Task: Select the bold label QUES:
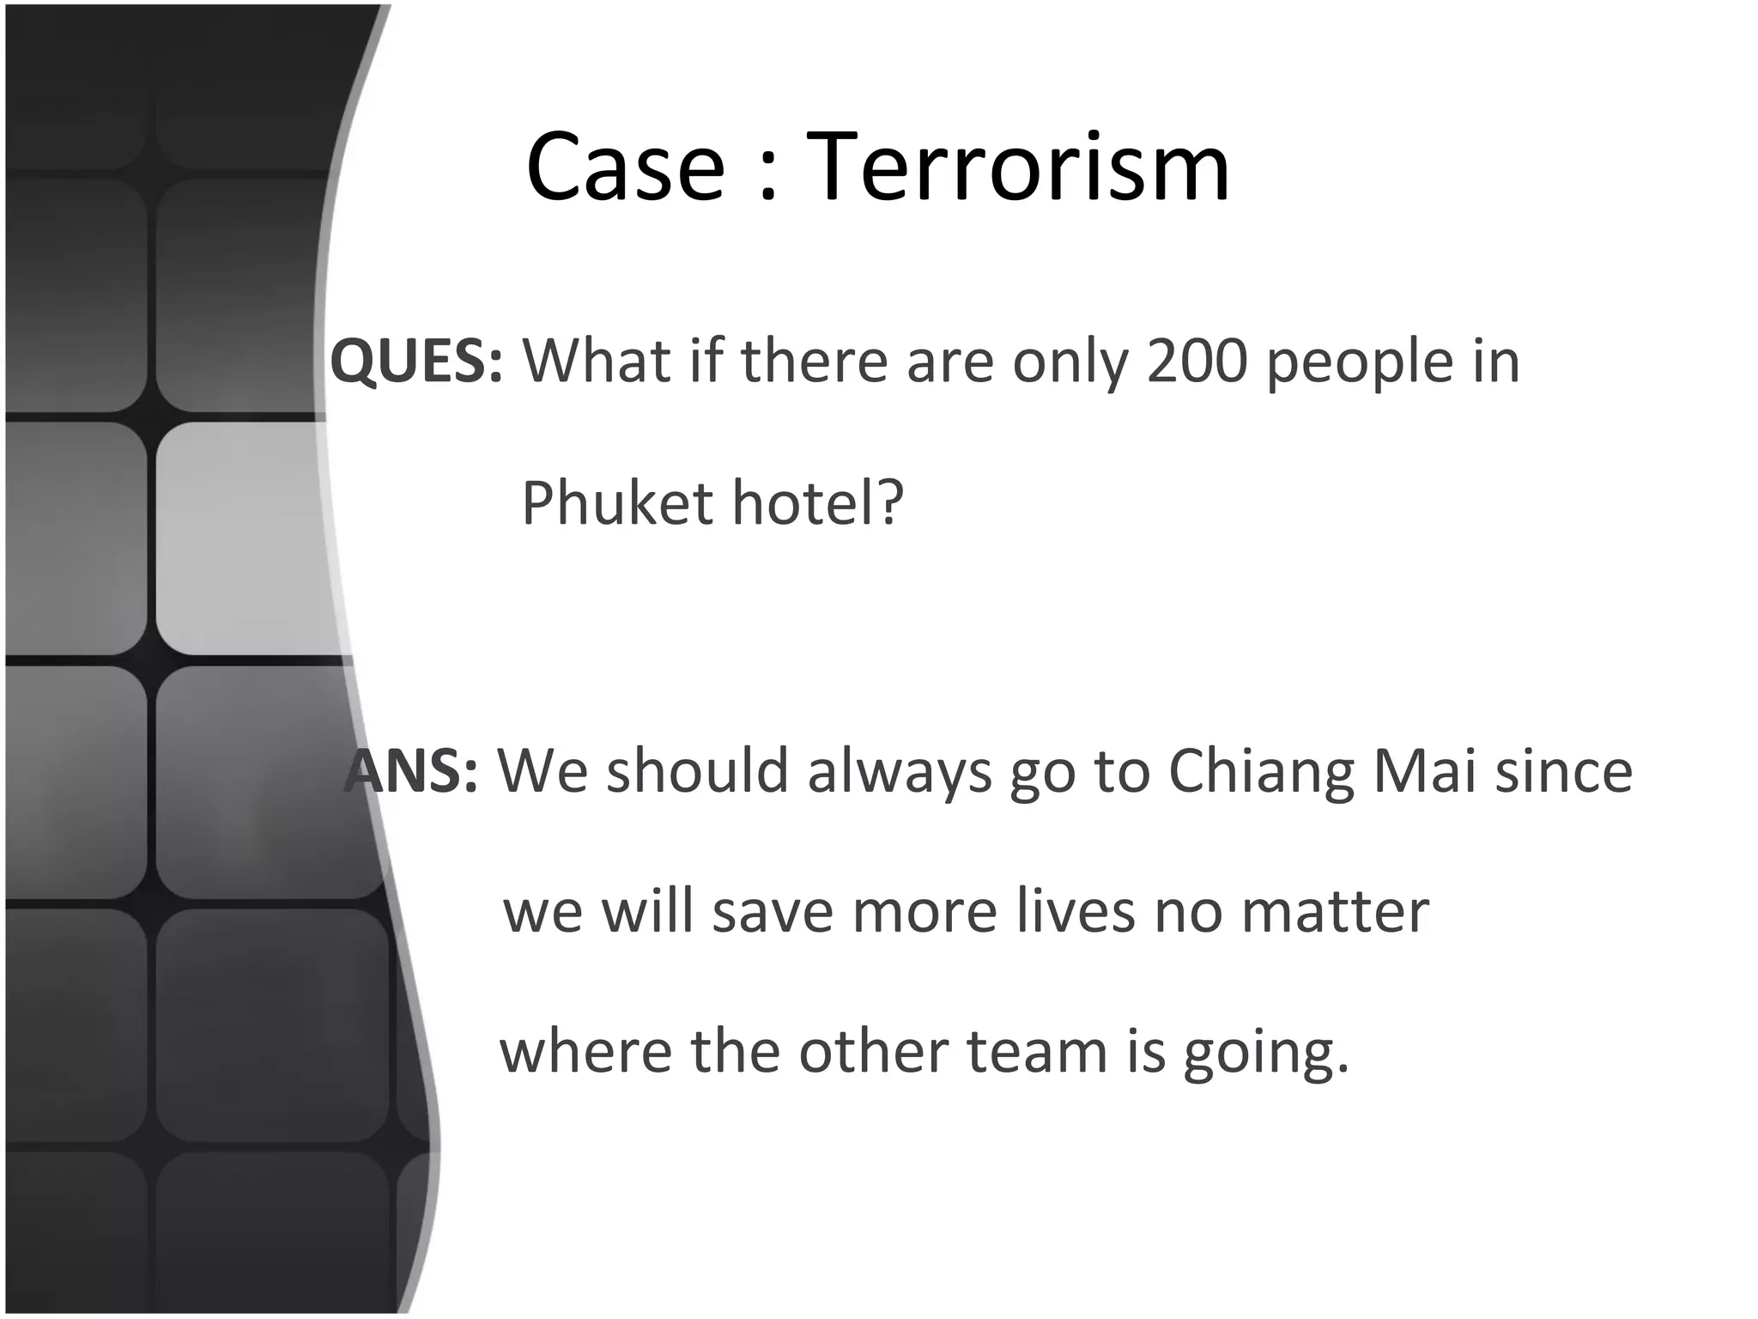416,361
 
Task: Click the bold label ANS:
412,770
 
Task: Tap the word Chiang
1260,772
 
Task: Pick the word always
899,772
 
